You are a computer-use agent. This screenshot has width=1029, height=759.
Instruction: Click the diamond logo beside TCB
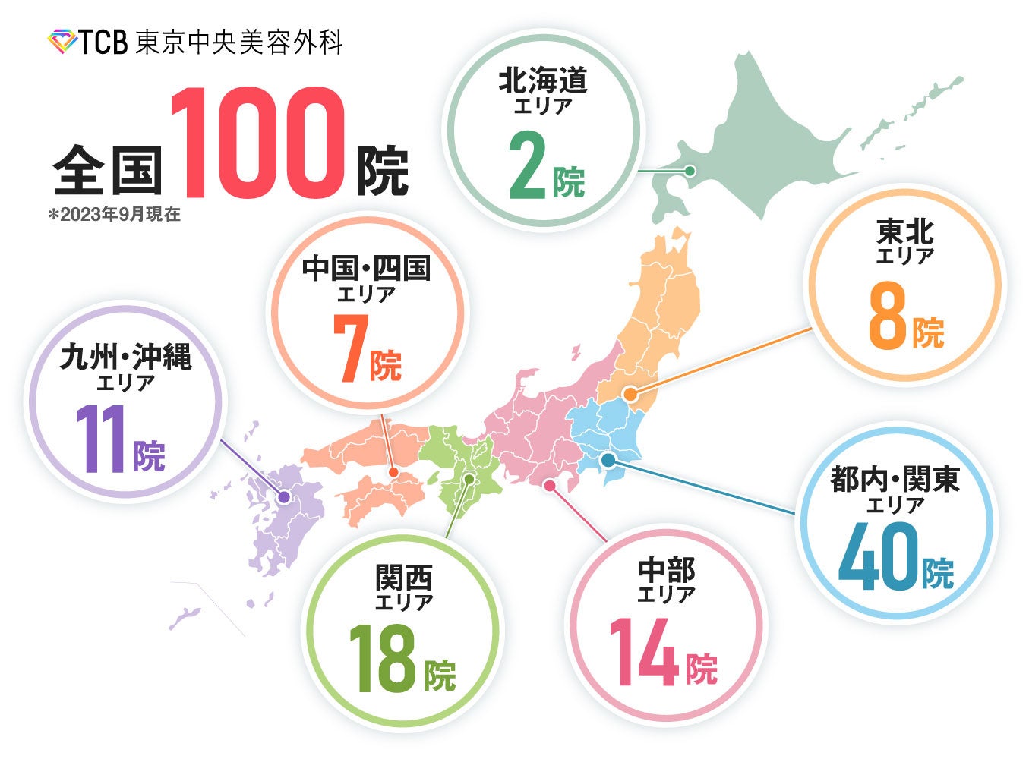click(x=62, y=41)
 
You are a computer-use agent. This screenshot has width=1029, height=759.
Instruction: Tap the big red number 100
click(x=257, y=144)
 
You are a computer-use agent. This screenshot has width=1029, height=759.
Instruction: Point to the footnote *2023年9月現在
click(x=115, y=214)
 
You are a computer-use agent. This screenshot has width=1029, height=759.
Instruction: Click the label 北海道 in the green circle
click(x=543, y=80)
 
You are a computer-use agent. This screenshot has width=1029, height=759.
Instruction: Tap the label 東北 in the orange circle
click(x=904, y=231)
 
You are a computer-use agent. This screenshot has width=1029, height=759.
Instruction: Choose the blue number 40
click(x=878, y=558)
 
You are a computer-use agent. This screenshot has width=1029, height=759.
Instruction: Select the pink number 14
click(x=644, y=651)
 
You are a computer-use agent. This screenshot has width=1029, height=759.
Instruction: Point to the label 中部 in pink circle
click(x=666, y=569)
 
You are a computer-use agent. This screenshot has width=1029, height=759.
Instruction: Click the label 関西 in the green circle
click(x=404, y=578)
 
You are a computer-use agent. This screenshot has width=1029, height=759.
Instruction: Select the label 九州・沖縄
click(x=126, y=356)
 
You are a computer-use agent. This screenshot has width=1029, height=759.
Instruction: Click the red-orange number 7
click(x=351, y=347)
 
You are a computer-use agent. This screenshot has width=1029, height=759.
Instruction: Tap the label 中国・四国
click(x=366, y=268)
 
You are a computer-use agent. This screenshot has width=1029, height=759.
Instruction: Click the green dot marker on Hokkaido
click(x=690, y=171)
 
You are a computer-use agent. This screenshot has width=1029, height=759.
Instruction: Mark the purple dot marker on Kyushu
click(x=283, y=498)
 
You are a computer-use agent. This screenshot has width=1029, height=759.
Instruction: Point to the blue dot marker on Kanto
click(x=608, y=459)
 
